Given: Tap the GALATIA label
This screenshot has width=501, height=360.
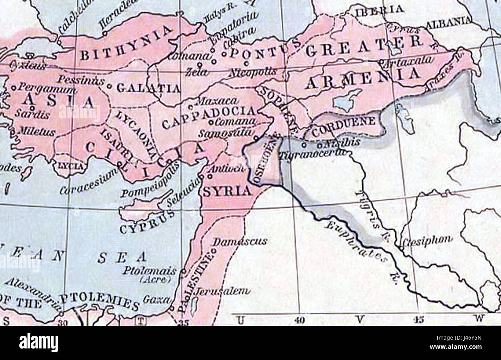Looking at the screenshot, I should (148, 88).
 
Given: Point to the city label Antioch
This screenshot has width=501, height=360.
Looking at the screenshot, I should (226, 168).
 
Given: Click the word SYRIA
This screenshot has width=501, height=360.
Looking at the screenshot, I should (227, 191).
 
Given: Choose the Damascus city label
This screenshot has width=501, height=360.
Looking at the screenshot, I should (240, 241).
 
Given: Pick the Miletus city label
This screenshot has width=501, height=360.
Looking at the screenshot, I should (37, 132).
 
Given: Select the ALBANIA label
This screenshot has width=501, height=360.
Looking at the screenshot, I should (449, 22).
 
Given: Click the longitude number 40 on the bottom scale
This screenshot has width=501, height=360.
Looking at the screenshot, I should (299, 320).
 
